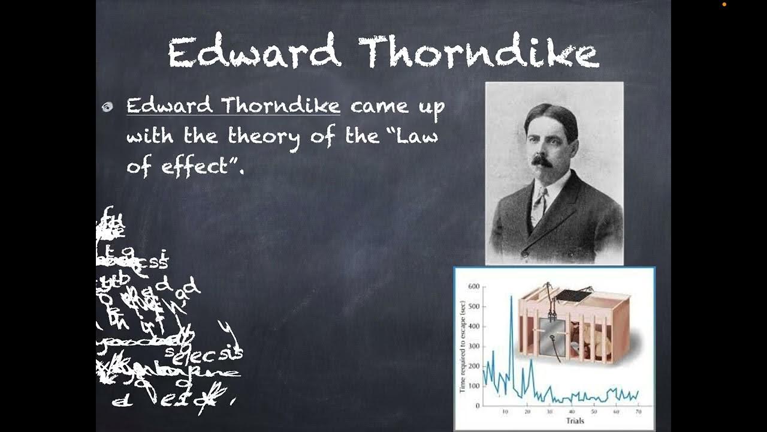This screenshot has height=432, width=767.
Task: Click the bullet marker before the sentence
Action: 107,107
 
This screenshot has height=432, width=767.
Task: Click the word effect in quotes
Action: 195,166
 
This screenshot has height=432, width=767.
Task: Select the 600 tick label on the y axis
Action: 473,287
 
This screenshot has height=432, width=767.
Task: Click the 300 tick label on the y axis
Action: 473,346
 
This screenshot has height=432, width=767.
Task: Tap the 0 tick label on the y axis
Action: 478,406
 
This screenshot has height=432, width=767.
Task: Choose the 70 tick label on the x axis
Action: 638,412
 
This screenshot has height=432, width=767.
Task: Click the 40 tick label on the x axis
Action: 572,412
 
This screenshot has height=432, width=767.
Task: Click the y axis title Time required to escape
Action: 463,346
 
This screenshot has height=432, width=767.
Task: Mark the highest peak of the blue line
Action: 511,296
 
